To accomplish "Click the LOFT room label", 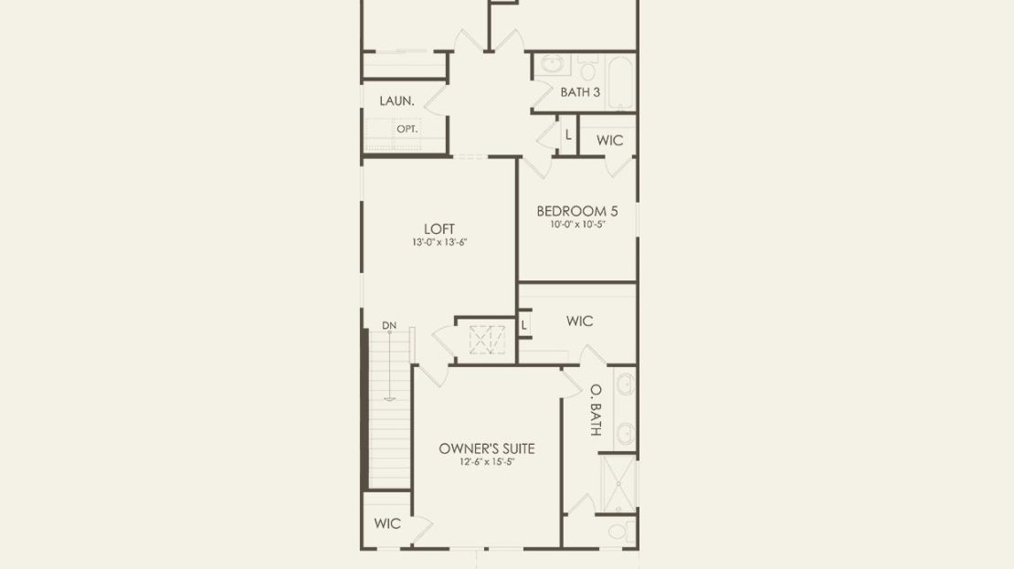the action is click(439, 229).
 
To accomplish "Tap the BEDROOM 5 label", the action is click(576, 212).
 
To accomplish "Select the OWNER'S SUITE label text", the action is click(487, 448).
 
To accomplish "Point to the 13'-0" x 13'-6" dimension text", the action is click(439, 242).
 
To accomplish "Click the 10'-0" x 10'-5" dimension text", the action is click(577, 225).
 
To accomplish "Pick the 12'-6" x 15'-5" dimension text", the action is click(487, 462).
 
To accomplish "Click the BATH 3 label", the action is click(580, 92).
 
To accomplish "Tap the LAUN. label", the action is click(396, 100).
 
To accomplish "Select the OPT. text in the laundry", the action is click(407, 130).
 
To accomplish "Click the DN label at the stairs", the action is click(388, 326).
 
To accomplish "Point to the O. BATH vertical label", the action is click(597, 410).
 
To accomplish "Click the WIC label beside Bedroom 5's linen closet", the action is click(609, 141).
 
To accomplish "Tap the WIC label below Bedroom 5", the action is click(579, 321).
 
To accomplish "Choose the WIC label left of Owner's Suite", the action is click(387, 523).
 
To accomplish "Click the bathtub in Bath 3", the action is click(621, 83).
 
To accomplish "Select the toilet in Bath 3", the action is click(587, 66).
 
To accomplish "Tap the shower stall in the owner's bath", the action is click(618, 484).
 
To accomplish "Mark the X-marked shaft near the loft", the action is click(487, 340).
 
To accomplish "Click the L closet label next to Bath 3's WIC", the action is click(568, 135).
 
